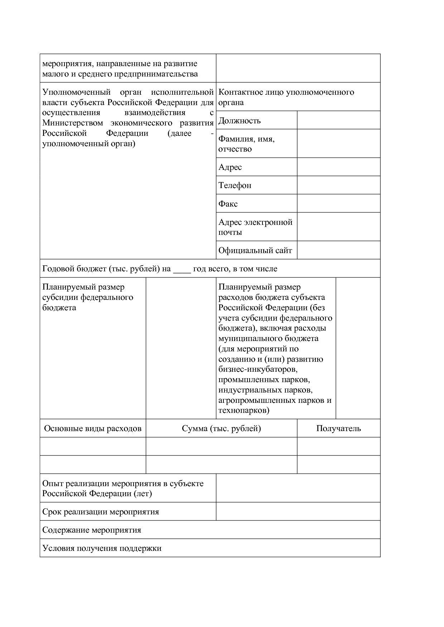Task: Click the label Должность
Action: [239, 120]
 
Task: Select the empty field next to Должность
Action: [338, 120]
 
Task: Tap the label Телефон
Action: [235, 185]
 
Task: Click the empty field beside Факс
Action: [338, 203]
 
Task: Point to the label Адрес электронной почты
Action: [255, 227]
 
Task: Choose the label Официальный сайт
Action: [255, 250]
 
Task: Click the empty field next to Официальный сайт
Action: [338, 250]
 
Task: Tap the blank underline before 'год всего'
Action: [182, 269]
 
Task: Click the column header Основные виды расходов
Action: [93, 428]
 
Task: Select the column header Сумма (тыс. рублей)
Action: [221, 428]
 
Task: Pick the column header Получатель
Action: [338, 428]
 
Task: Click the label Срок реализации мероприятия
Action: [101, 512]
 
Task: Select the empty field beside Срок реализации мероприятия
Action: [298, 512]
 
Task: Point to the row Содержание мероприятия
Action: [92, 530]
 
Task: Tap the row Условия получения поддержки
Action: [102, 548]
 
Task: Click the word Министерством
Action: [73, 123]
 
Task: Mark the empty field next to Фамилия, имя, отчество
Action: [338, 144]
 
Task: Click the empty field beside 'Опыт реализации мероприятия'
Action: [298, 488]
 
